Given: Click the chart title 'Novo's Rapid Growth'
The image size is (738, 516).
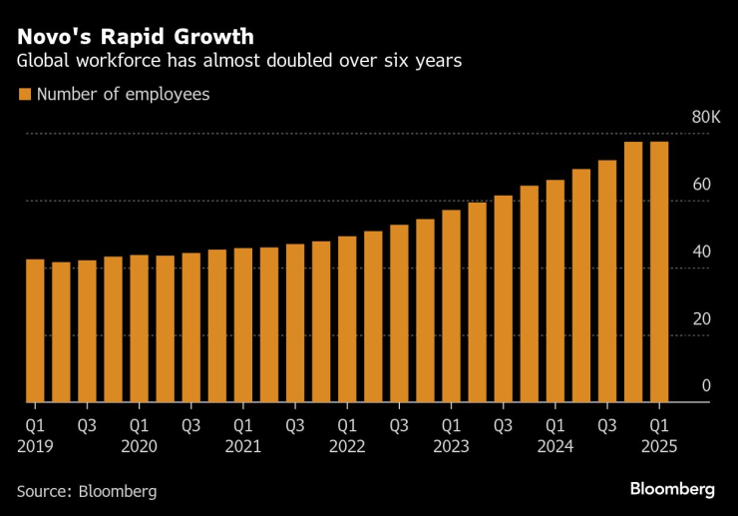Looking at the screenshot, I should (135, 37).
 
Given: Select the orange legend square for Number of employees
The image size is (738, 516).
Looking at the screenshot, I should (24, 95).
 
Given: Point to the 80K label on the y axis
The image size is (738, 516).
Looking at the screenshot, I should (705, 118).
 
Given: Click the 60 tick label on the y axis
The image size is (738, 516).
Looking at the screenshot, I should (701, 185).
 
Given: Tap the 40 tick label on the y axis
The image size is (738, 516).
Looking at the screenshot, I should (701, 252).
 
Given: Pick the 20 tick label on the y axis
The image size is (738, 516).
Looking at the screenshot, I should (701, 319).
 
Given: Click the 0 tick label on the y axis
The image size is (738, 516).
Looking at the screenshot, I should (705, 386).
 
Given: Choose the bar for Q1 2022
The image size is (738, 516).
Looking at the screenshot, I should (347, 319).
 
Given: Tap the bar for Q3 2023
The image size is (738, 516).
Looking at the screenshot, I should (503, 299).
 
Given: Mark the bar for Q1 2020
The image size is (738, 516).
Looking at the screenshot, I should (140, 329).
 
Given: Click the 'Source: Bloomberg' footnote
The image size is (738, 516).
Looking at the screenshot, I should (87, 491).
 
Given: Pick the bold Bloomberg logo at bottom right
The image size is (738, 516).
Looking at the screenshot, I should (672, 489).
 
